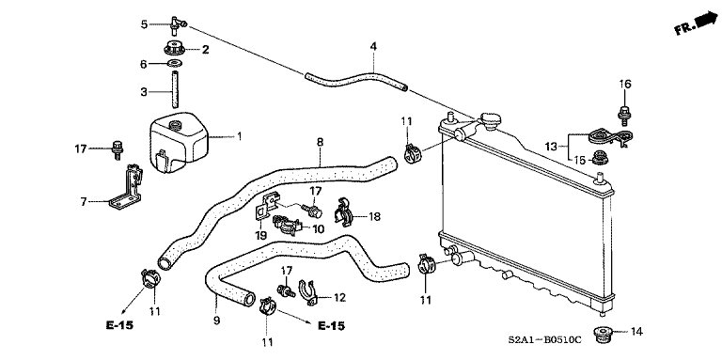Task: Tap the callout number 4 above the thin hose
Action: pos(373,46)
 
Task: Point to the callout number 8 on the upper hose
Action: pos(320,143)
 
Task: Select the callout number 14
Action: pos(636,332)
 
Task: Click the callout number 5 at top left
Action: pos(144,23)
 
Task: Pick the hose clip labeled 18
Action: pos(343,214)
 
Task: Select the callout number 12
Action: pos(340,298)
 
